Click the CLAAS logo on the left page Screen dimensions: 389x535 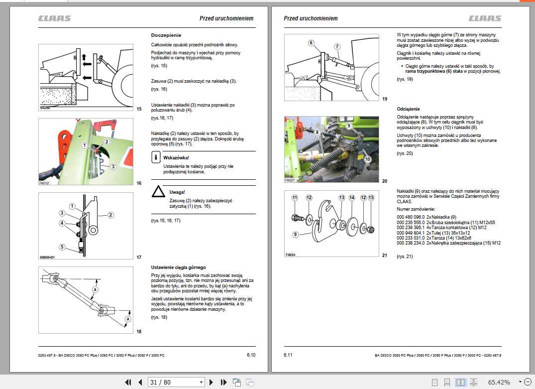click(55, 18)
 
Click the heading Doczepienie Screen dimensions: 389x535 click(166, 35)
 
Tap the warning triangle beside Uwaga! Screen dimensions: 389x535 click(158, 192)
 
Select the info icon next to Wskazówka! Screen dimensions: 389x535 click(156, 158)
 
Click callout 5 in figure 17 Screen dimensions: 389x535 click(62, 247)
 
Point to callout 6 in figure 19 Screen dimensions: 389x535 click(311, 43)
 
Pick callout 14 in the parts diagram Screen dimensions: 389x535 click(351, 198)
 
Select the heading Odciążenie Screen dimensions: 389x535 click(408, 109)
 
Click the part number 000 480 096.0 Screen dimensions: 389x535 click(411, 217)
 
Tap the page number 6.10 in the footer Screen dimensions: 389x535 click(251, 355)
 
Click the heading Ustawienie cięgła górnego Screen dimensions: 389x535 click(178, 267)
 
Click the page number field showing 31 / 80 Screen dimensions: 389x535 click(176, 382)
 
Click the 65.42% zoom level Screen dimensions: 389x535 click(499, 382)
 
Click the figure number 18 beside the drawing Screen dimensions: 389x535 click(139, 332)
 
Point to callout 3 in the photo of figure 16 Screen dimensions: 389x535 click(113, 166)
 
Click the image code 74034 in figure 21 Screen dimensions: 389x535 click(290, 255)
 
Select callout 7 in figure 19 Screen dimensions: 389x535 click(337, 46)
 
